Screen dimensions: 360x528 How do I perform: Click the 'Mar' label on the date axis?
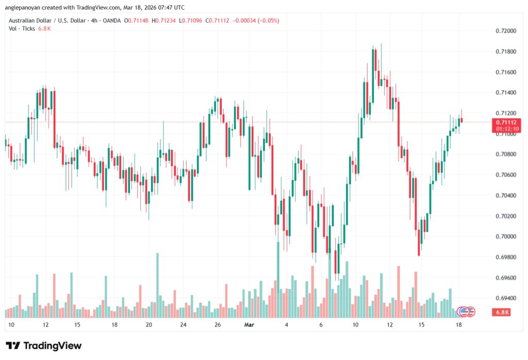[x=250, y=325]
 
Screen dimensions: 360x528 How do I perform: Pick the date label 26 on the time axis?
[x=218, y=325]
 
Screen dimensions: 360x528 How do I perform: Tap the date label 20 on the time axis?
[x=148, y=325]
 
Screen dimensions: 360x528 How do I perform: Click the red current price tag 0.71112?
[x=505, y=122]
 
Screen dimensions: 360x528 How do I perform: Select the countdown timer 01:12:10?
[x=505, y=128]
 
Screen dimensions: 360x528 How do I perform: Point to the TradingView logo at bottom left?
[x=44, y=346]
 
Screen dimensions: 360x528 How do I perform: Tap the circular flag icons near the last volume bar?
[x=467, y=312]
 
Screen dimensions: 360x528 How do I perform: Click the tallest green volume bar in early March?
[x=278, y=279]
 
